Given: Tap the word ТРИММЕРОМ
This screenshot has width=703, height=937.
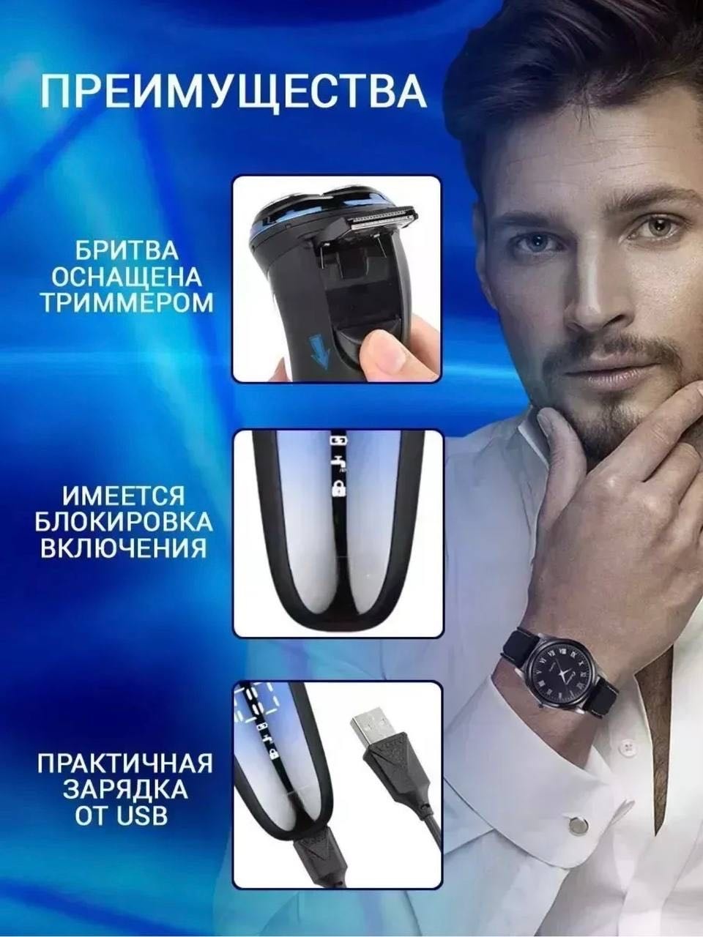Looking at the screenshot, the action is pos(127,302).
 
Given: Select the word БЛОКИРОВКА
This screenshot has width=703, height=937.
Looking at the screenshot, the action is pos(124,521).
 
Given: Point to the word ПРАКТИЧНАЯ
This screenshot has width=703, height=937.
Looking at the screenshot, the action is pos(124,763).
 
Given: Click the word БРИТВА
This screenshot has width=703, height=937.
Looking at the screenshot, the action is pos(127,250).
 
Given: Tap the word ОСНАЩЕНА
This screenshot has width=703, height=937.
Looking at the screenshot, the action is pos(127,277).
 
